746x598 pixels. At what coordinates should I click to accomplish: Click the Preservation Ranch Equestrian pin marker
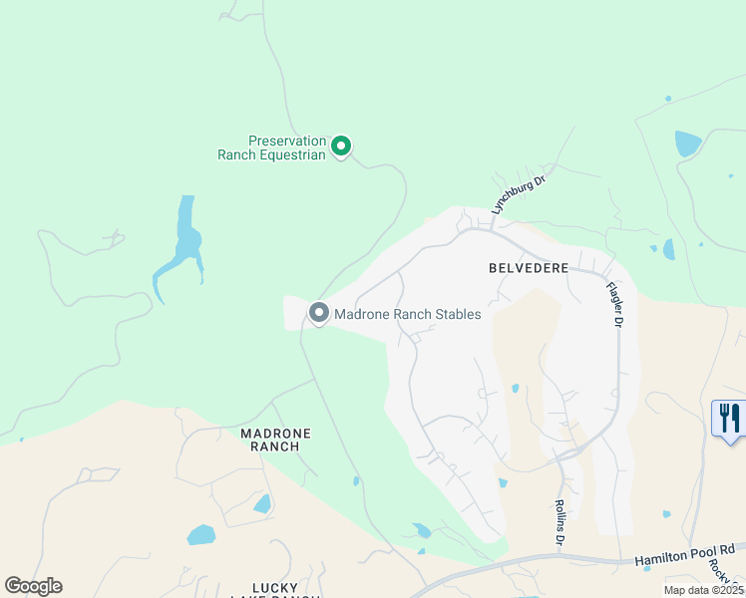coord(340,148)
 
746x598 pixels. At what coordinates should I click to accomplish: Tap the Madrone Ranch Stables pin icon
coord(319,314)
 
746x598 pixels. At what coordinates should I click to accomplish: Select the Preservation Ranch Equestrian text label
coord(272,148)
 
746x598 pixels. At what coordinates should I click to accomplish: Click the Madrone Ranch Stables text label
coord(407,314)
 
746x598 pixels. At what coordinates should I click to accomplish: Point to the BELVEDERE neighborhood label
coord(529,268)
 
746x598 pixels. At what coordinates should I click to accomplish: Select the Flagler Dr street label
coord(614,304)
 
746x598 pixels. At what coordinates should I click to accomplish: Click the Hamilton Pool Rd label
coord(684,555)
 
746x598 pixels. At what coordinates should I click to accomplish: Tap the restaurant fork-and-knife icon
coord(729,417)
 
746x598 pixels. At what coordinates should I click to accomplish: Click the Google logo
coord(33,586)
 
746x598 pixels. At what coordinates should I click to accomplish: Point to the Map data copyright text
coord(704,590)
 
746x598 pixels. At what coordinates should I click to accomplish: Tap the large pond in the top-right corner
coord(687,144)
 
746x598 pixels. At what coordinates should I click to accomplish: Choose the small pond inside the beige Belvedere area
coord(515,388)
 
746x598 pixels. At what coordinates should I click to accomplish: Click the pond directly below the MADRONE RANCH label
coord(262,504)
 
